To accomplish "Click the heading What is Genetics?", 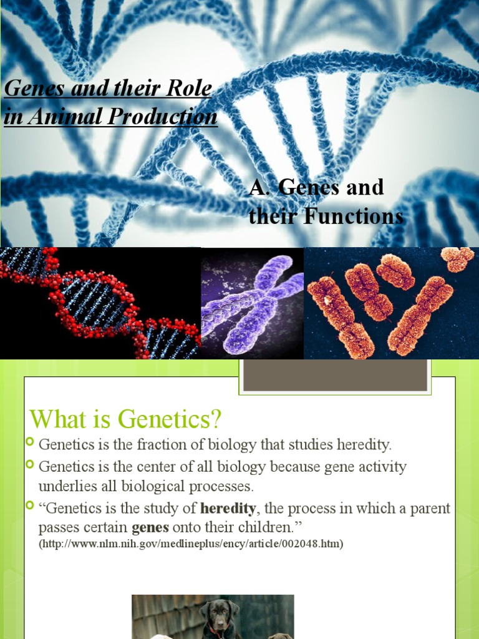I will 125,419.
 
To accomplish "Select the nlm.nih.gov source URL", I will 191,544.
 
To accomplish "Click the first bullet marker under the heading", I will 31,444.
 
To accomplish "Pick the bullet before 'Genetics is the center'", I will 31,465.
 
